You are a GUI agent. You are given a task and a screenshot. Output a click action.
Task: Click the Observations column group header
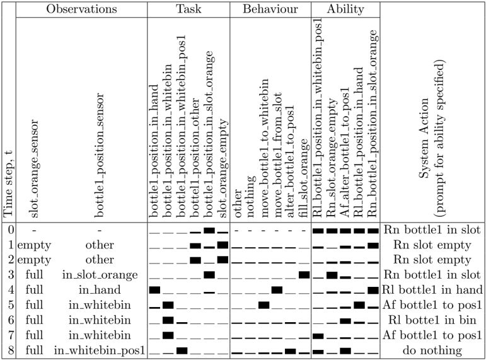click(x=81, y=9)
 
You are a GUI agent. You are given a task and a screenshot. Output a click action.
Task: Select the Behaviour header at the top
click(x=270, y=9)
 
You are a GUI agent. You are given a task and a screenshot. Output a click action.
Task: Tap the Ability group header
click(x=345, y=9)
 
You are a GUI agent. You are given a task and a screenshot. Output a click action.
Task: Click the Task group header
click(x=188, y=9)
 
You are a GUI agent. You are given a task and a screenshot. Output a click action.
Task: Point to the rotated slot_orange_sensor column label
click(x=33, y=169)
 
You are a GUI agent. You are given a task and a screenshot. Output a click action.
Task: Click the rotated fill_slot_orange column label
click(x=304, y=178)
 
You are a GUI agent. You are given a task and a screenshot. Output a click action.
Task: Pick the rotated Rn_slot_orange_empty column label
click(x=332, y=158)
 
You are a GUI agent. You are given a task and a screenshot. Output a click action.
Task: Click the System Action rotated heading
click(x=431, y=138)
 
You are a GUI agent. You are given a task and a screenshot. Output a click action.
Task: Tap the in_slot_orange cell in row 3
click(x=100, y=275)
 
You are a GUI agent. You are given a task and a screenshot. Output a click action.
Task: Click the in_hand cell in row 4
click(x=100, y=290)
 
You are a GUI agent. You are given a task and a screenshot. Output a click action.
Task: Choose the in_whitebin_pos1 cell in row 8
click(x=100, y=351)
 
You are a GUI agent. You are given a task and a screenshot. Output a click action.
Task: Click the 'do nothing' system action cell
click(x=432, y=351)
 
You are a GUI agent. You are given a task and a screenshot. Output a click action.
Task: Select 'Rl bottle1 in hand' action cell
click(x=432, y=290)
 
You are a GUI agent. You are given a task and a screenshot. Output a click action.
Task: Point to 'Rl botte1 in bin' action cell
click(x=432, y=320)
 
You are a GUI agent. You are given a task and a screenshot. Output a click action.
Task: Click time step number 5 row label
click(x=11, y=305)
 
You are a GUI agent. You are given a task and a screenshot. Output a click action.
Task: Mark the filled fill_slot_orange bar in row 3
click(x=304, y=275)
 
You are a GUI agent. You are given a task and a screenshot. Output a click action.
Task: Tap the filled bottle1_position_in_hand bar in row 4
click(x=154, y=290)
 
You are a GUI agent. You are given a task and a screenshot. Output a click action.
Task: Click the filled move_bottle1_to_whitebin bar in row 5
click(x=263, y=305)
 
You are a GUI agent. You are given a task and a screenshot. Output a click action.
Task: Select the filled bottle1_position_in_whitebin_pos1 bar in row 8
click(x=182, y=351)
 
